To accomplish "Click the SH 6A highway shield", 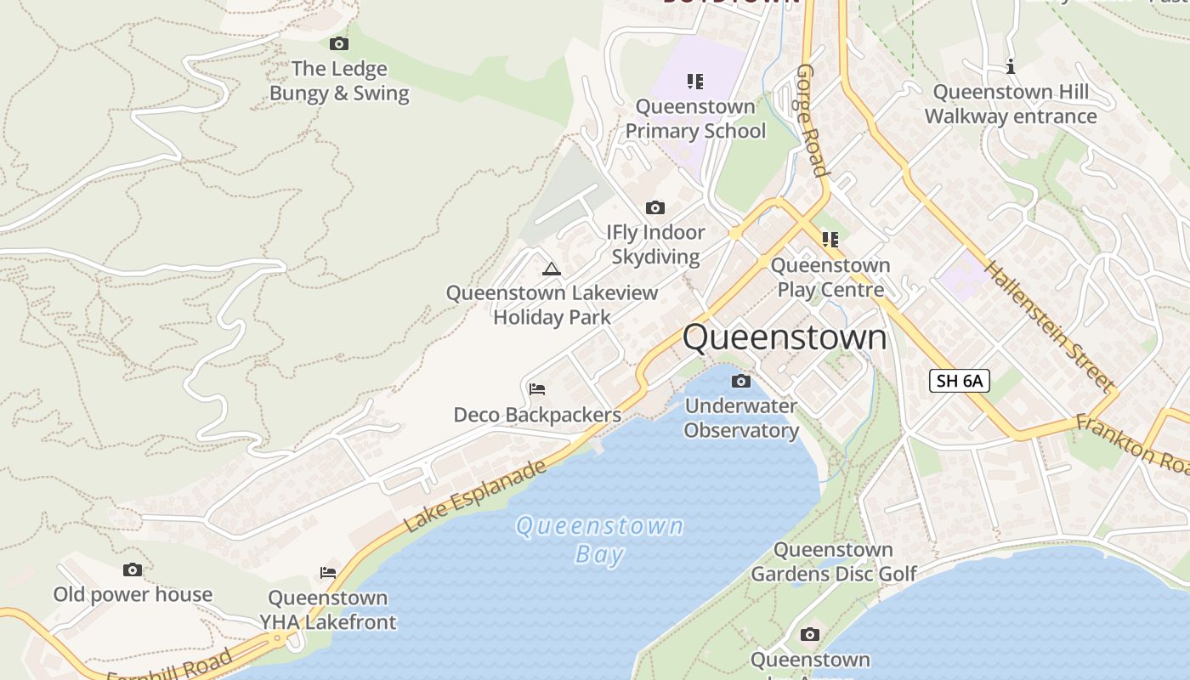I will tap(960, 381).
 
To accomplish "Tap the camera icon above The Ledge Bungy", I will tap(338, 43).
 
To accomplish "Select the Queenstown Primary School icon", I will tap(695, 82).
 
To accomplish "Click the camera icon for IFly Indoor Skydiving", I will tap(654, 207).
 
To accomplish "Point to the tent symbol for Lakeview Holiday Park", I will tap(552, 269).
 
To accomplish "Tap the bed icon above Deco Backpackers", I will tap(536, 389).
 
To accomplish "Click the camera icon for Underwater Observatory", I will tap(741, 381).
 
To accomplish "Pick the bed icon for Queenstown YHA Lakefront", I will tap(328, 572).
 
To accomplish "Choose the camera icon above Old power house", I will tap(133, 569).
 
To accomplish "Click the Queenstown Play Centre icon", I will tap(830, 240).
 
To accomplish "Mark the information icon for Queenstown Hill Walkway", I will tap(1011, 66).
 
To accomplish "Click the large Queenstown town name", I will tap(785, 337).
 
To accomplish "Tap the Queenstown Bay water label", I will tap(599, 540).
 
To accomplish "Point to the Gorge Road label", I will tap(812, 120).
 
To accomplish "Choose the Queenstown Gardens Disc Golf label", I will tap(833, 562).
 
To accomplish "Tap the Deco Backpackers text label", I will tap(537, 415).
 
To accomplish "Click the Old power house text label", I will tap(133, 594).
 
